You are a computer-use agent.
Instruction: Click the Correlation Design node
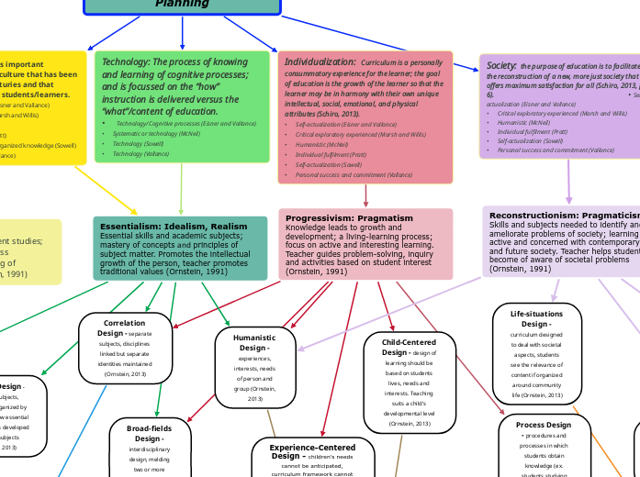click(x=125, y=348)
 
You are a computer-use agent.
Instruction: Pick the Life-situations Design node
click(x=536, y=354)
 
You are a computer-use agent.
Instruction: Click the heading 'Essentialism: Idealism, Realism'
click(x=174, y=226)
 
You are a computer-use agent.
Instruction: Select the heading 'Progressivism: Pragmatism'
click(x=336, y=217)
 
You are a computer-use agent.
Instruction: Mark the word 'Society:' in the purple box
click(x=501, y=66)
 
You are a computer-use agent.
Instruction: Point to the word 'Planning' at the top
click(x=182, y=5)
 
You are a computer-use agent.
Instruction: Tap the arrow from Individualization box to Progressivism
click(x=365, y=195)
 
